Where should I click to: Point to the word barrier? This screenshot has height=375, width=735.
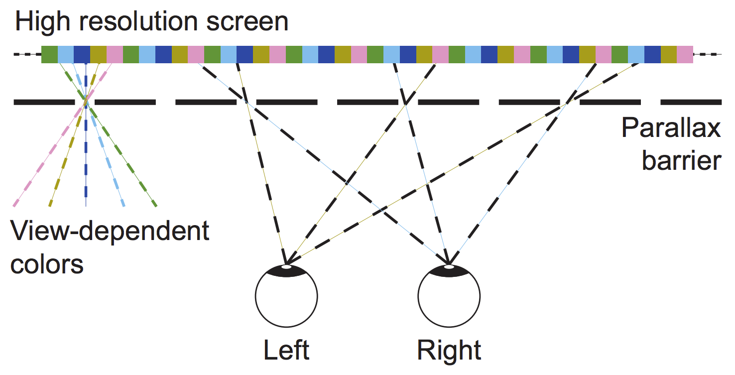coord(681,160)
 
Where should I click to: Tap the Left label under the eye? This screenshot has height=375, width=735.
coord(286,350)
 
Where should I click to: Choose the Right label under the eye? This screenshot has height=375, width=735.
coord(449,350)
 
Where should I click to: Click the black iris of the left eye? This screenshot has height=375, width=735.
coord(286,271)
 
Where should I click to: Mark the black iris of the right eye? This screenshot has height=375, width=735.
coord(449,271)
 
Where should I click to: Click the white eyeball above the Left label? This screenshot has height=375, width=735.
coord(286,299)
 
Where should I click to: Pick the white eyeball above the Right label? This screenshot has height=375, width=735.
coord(449,299)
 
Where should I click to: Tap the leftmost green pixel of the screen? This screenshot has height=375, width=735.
coord(49,54)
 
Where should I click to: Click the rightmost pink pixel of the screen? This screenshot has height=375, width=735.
coord(685,54)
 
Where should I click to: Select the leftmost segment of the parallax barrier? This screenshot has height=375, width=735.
coord(44,102)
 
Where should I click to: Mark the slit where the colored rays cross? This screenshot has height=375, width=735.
coord(86,102)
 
